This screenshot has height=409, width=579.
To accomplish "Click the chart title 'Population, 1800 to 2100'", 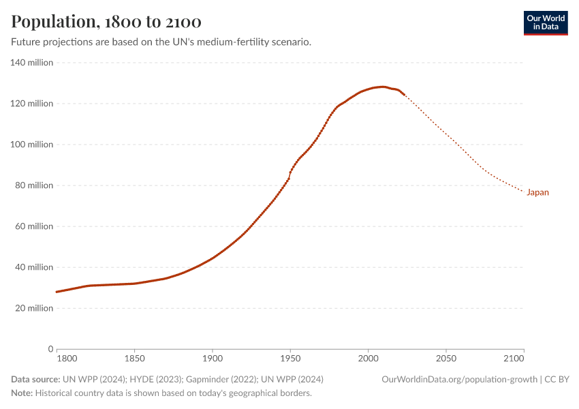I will [106, 22].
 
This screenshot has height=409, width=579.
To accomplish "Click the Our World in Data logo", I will [545, 22].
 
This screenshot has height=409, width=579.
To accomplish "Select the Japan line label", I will [537, 192].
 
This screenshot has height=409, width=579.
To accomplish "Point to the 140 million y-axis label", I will [31, 63].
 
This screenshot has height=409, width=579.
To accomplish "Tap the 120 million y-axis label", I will [31, 104].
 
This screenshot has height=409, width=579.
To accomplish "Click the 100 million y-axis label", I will [31, 145].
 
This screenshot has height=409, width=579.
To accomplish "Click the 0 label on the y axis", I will [50, 349].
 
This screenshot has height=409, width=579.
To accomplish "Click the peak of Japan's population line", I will [383, 87].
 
